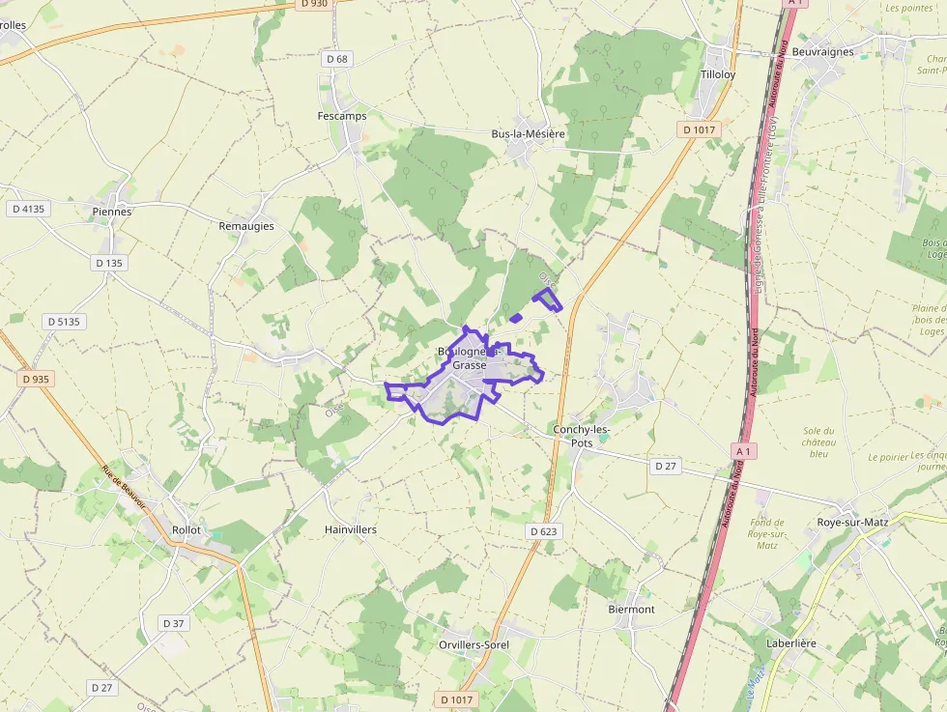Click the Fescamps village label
pos(342,116)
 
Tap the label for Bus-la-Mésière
pos(528,134)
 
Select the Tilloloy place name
pos(718,74)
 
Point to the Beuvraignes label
pos(822,52)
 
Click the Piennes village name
pos(112,212)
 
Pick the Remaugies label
pos(246,226)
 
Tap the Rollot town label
pos(186,530)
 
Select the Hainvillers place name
pos(351,530)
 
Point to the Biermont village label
pos(632,610)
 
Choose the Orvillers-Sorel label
pos(473,644)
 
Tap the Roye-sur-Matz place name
pos(852,523)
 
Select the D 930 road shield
pos(314,4)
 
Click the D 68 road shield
pos(336,59)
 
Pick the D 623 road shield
pos(545,531)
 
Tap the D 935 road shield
pos(35,380)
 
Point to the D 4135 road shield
pos(29,209)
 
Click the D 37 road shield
pos(173,623)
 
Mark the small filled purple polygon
pos(516,318)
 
